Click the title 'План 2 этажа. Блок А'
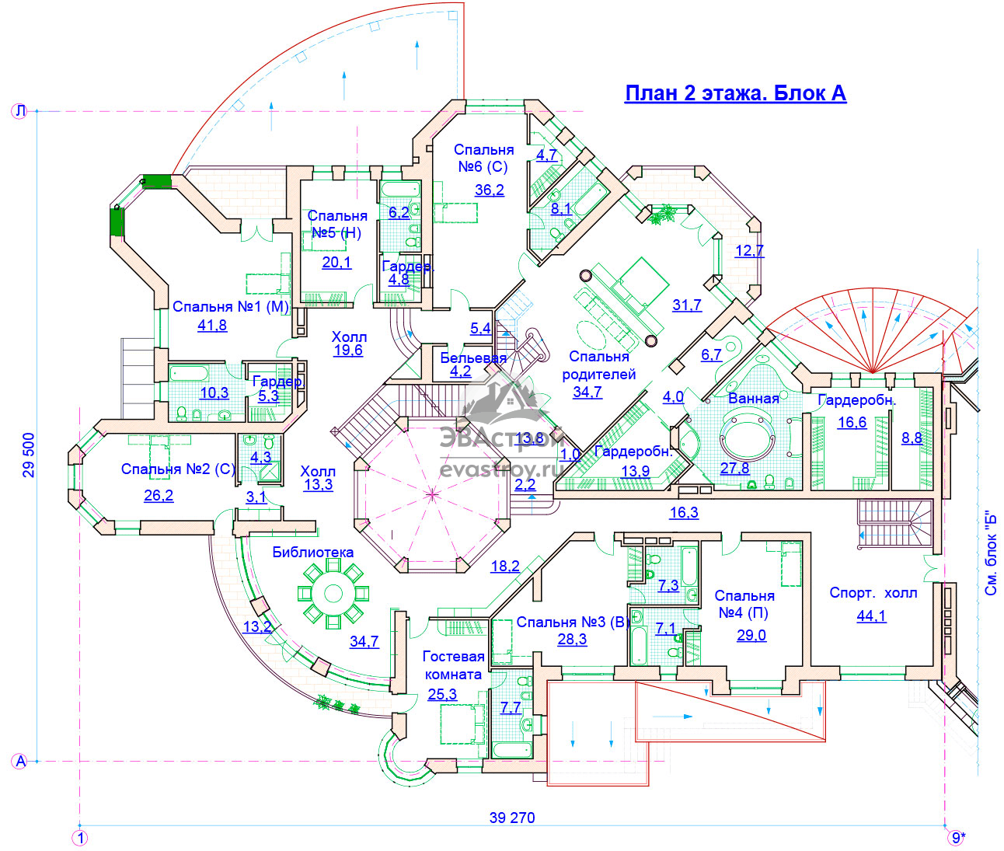pyautogui.click(x=735, y=93)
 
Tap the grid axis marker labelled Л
pyautogui.click(x=19, y=111)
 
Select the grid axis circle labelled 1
pyautogui.click(x=80, y=838)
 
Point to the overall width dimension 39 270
pyautogui.click(x=512, y=818)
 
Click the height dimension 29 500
pyautogui.click(x=30, y=455)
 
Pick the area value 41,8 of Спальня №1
pyautogui.click(x=212, y=325)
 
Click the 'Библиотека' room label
pyautogui.click(x=313, y=552)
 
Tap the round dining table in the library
pyautogui.click(x=333, y=594)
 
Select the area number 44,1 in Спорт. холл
pyautogui.click(x=871, y=616)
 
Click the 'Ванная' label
pyautogui.click(x=754, y=399)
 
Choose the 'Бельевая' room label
pyautogui.click(x=473, y=358)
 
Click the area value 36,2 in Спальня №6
pyautogui.click(x=490, y=190)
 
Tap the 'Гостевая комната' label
pyautogui.click(x=454, y=665)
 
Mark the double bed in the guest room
pyautogui.click(x=462, y=724)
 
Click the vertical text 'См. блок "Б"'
pyautogui.click(x=991, y=553)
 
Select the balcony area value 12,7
pyautogui.click(x=749, y=250)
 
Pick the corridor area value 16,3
pyautogui.click(x=684, y=512)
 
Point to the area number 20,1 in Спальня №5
pyautogui.click(x=336, y=263)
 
